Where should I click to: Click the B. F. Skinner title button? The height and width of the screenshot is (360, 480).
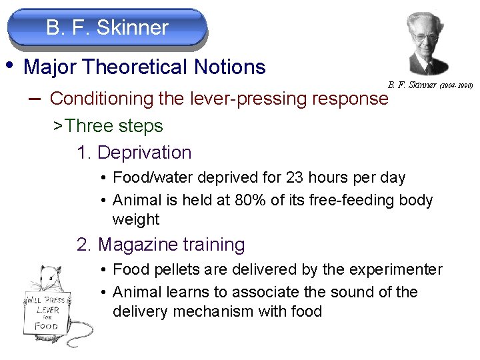click(x=107, y=28)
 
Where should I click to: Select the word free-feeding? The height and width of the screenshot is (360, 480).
click(x=353, y=200)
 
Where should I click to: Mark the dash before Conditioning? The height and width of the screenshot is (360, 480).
click(x=35, y=98)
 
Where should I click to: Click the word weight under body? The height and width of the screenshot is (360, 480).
click(x=136, y=219)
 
